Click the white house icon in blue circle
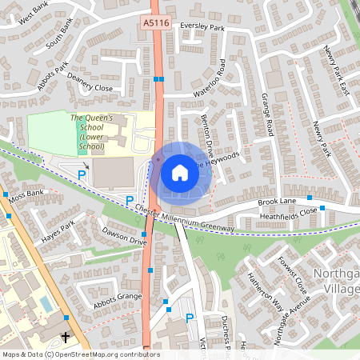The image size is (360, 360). tap(180, 172)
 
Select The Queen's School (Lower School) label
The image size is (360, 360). tap(98, 132)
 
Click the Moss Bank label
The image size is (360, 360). tap(26, 195)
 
